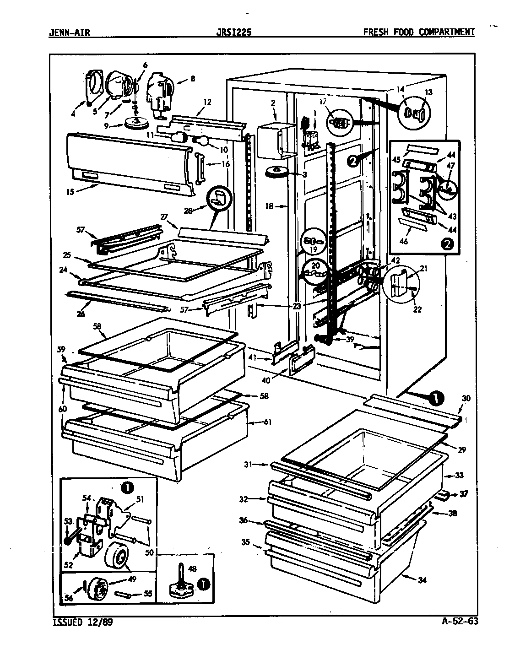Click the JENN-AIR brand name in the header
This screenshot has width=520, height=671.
(x=69, y=32)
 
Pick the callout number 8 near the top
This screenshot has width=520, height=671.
(x=193, y=78)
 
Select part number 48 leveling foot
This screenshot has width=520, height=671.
(x=192, y=569)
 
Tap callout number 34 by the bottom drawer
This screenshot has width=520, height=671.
(x=422, y=581)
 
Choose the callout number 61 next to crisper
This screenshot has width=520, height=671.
(x=268, y=422)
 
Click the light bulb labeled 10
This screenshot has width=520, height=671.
(x=200, y=140)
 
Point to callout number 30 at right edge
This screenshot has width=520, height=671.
(x=466, y=398)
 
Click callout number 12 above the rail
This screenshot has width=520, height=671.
(x=207, y=102)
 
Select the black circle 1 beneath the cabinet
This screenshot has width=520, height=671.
(x=436, y=399)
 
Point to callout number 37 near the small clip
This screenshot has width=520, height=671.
(x=464, y=493)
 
